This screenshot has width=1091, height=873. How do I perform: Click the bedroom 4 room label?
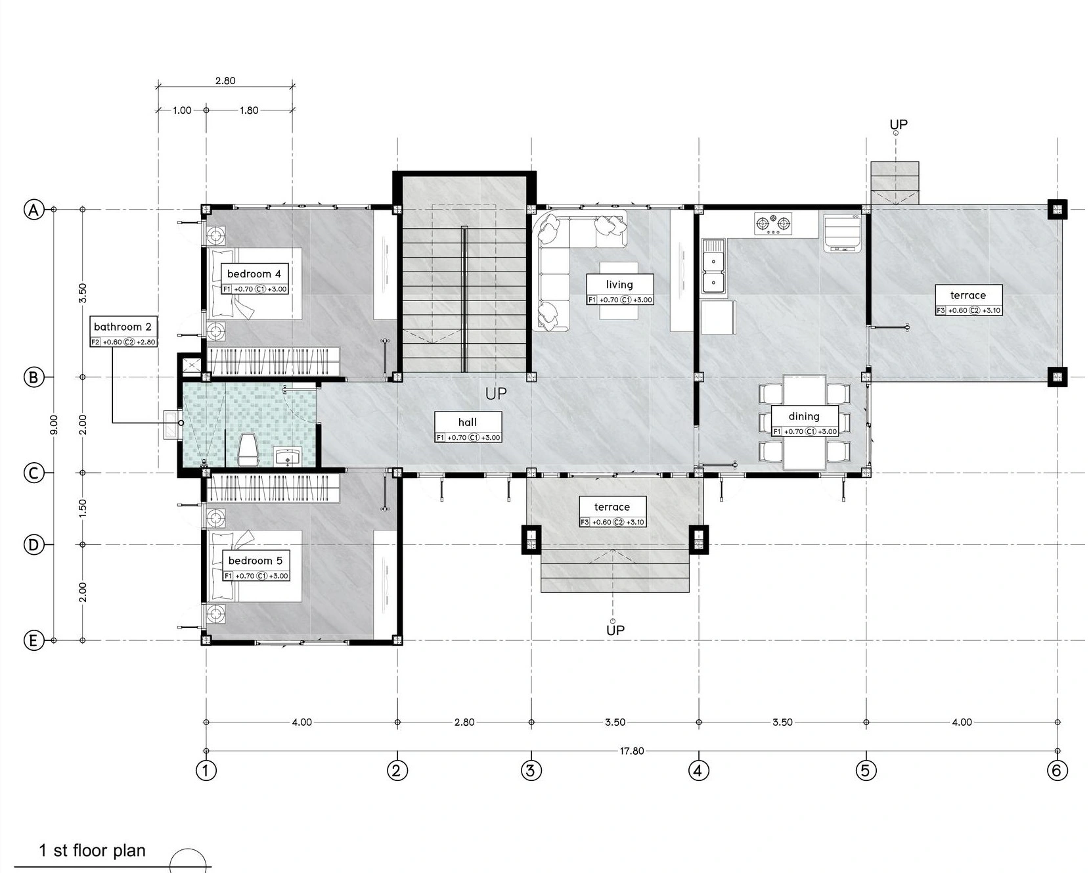tap(255, 279)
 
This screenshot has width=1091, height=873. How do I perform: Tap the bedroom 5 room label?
tap(256, 566)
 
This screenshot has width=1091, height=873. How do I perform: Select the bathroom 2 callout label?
tap(123, 331)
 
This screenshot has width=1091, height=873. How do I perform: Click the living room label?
tap(620, 290)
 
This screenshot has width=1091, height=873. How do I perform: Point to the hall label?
tap(468, 427)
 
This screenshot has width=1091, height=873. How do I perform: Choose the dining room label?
tap(805, 421)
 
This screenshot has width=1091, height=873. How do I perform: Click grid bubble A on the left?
tap(33, 210)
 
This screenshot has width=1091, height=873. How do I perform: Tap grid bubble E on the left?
tap(33, 640)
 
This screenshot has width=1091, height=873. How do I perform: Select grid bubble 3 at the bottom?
tap(531, 770)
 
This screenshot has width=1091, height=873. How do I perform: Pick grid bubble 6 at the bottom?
tap(1058, 770)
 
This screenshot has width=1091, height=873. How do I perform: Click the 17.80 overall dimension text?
tap(632, 751)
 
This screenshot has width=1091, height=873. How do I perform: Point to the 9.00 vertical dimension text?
tap(54, 424)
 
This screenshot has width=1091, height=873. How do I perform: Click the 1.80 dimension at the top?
tap(249, 110)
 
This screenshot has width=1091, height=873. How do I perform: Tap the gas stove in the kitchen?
tap(773, 224)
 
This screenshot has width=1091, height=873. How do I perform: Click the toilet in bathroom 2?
tap(248, 450)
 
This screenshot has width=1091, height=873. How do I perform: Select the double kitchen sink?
tap(713, 266)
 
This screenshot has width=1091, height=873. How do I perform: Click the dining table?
tap(805, 422)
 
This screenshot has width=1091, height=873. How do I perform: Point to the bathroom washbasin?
tap(287, 456)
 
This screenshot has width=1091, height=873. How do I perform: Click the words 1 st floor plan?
tap(92, 850)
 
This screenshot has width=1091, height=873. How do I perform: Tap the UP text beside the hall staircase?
tap(496, 394)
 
